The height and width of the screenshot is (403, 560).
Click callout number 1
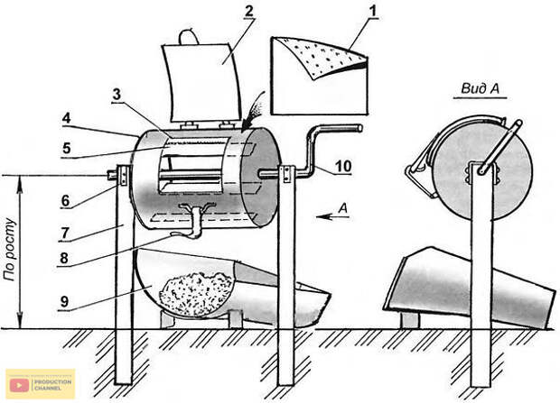point(373,11)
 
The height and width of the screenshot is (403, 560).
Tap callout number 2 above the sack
point(248,11)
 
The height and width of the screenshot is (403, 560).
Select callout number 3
point(117,95)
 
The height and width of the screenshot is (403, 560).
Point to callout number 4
point(67,118)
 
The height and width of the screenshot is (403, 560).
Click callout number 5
point(67,149)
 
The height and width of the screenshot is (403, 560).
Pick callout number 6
point(65,201)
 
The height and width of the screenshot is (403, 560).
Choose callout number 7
point(65,234)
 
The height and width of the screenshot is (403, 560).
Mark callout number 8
point(64,259)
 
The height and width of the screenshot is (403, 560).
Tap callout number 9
point(64,302)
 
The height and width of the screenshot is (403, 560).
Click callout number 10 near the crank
point(343,166)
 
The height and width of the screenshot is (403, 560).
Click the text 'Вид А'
point(480,88)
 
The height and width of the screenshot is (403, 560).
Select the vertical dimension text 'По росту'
point(10,250)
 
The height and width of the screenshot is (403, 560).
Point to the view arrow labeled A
point(332,216)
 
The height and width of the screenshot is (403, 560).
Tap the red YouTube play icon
point(19,385)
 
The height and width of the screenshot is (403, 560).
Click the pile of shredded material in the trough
point(196,293)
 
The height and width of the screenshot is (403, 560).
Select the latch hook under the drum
point(193,221)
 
